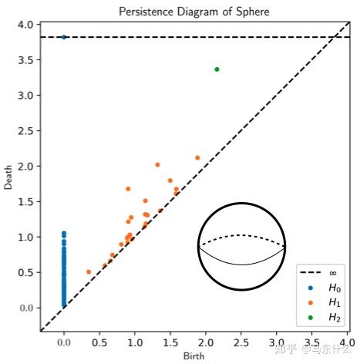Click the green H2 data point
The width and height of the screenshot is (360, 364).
(217, 69)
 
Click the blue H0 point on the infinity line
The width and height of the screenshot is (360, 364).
(64, 37)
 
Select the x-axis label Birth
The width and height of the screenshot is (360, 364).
(194, 356)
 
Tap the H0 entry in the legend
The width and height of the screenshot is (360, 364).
(323, 287)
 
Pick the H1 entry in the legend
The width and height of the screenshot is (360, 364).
(323, 302)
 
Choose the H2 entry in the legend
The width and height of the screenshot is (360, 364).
(323, 316)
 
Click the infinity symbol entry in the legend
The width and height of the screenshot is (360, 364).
(323, 272)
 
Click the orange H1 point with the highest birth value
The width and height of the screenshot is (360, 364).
(197, 158)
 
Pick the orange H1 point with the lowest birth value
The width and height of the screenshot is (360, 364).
(89, 271)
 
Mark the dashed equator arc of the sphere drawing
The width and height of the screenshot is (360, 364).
(242, 236)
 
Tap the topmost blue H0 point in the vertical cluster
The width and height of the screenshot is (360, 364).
(64, 233)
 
